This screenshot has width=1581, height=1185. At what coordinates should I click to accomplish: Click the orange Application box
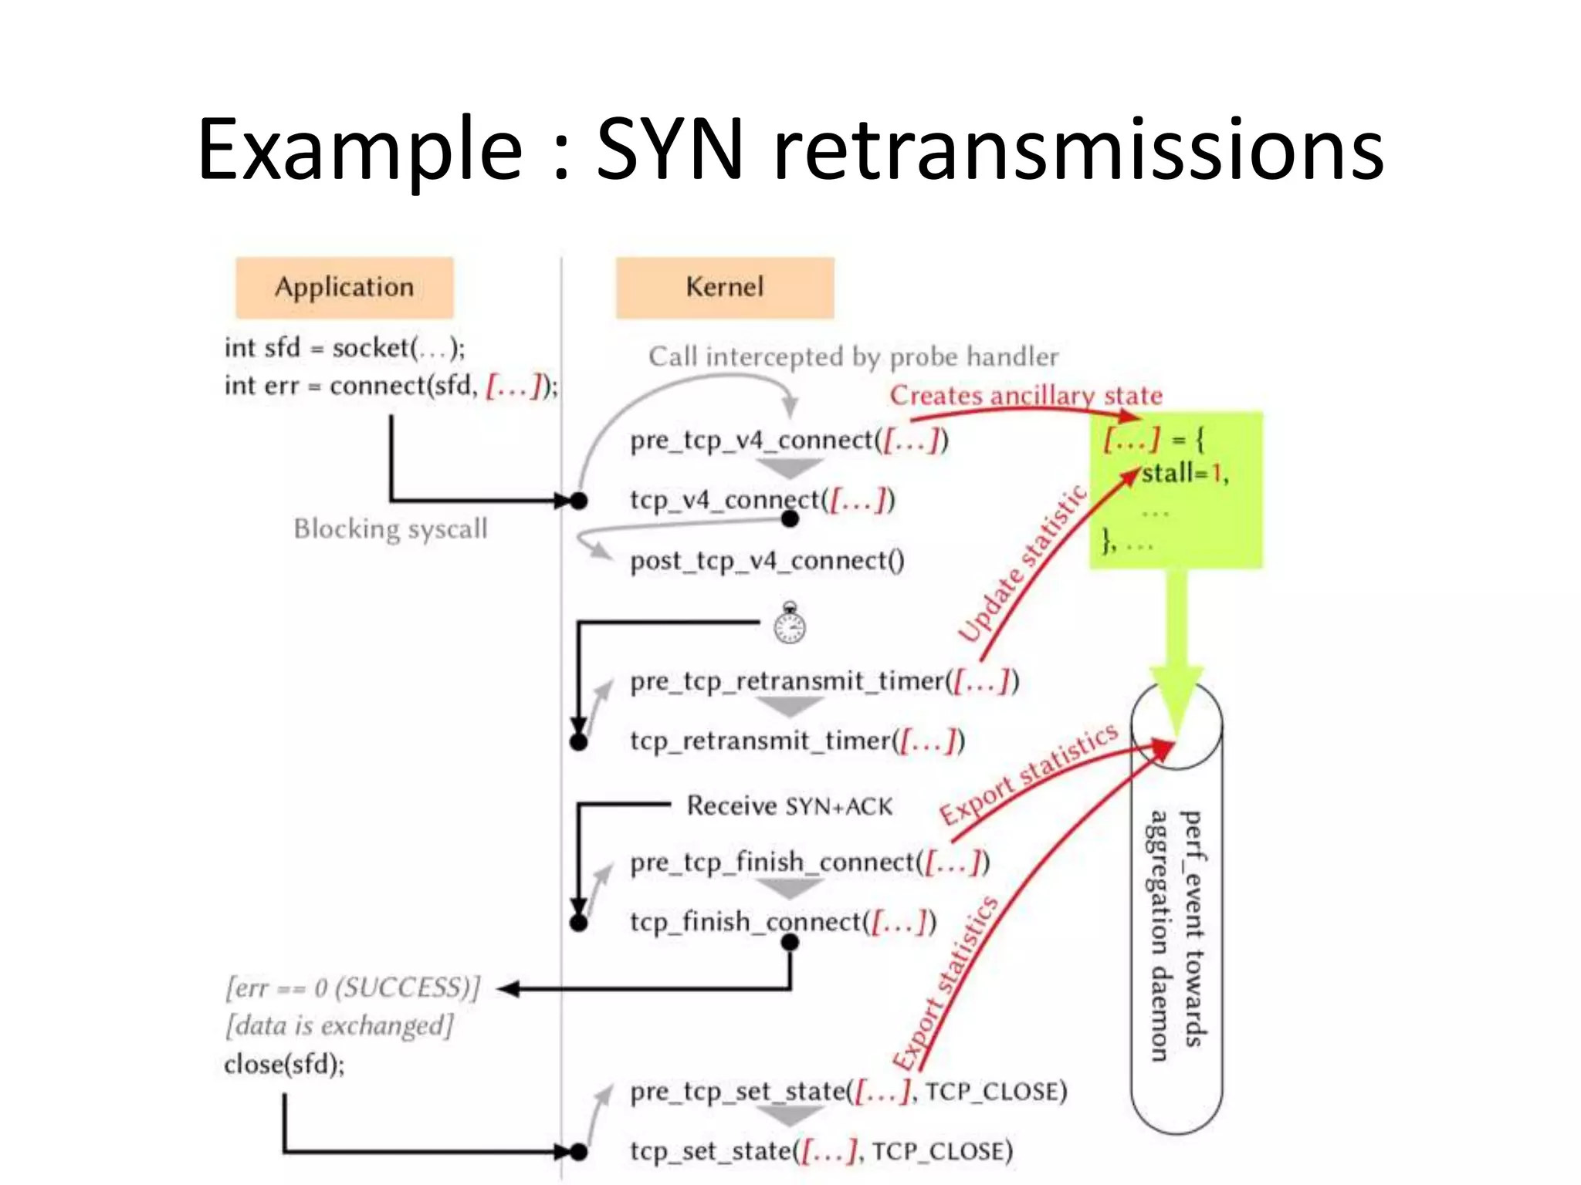pos(344,287)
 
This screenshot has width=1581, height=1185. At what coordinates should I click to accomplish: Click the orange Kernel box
pos(724,287)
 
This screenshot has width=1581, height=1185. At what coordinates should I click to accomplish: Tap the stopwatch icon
pos(790,623)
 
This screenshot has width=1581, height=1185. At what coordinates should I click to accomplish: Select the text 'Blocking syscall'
pos(391,529)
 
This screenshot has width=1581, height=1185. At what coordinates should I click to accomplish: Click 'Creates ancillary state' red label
pos(1025,396)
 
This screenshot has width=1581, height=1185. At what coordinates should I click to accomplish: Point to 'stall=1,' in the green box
pos(1184,473)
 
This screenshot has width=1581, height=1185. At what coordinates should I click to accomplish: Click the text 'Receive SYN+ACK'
pos(789,806)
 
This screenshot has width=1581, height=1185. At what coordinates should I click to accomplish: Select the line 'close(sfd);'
pos(284,1065)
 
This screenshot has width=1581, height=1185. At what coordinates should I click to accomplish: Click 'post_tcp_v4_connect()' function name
pos(767,561)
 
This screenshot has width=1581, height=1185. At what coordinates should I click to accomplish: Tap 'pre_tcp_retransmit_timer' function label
pos(787,681)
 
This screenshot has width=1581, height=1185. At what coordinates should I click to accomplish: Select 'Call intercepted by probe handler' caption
pos(853,356)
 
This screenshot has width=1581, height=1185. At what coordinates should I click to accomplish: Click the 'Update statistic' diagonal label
pos(1022,563)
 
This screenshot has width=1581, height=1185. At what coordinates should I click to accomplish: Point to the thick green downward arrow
pos(1176,640)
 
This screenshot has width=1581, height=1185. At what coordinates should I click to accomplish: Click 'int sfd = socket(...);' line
pos(344,348)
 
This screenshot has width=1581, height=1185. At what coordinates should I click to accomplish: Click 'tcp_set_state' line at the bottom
pos(821,1151)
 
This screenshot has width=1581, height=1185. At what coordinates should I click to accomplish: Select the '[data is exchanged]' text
pos(340,1026)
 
